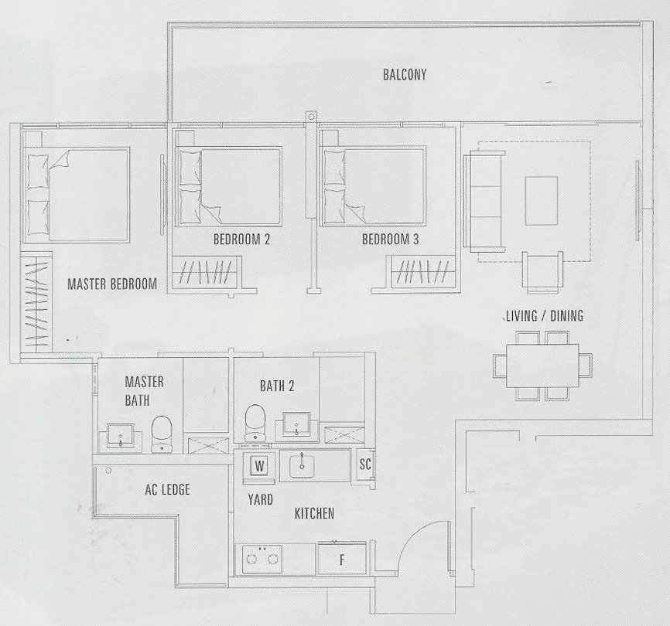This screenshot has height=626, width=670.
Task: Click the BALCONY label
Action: point(405,75)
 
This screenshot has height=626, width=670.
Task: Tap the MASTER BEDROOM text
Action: point(112,284)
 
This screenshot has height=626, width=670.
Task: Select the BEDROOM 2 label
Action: point(241,239)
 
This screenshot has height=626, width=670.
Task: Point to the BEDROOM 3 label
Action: point(390,239)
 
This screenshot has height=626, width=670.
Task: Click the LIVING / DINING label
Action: point(545,316)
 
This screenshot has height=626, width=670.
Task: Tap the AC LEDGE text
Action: point(167,489)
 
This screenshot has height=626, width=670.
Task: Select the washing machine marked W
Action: point(259,466)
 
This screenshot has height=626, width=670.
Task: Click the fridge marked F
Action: point(342,559)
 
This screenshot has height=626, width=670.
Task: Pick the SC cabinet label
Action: point(365,464)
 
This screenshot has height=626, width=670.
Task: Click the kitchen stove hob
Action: point(262,559)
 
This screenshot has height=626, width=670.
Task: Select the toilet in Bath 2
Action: point(255,423)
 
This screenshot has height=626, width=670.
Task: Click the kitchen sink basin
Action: point(302,466)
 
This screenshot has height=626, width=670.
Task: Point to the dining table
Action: point(542,366)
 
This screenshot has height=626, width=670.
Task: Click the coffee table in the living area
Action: point(542,201)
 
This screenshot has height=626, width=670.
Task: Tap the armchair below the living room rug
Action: point(542,272)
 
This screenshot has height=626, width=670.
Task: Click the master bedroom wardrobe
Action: point(36,301)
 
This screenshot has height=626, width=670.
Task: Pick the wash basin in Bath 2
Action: point(297,424)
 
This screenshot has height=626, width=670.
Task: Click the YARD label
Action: point(260,500)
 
